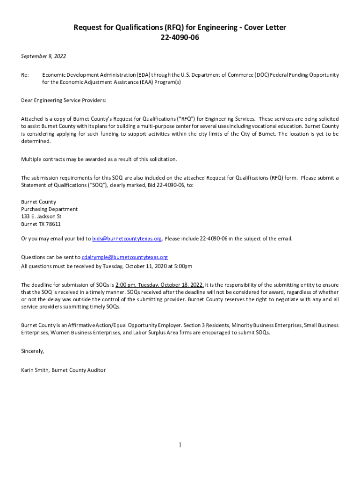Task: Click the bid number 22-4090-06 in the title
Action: click(x=180, y=37)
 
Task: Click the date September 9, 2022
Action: click(x=43, y=56)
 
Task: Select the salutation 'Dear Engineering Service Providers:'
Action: click(x=64, y=101)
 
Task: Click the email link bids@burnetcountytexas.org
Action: click(x=127, y=239)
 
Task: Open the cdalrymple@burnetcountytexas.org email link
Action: click(x=125, y=257)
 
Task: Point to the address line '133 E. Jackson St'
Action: click(x=41, y=217)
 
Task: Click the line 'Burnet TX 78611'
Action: click(x=41, y=224)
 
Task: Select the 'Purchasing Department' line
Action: click(x=49, y=209)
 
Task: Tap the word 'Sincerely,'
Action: click(x=33, y=351)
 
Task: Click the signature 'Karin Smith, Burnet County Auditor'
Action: click(x=63, y=370)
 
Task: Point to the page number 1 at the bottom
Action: click(x=180, y=445)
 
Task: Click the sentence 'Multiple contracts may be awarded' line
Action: click(x=99, y=159)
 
